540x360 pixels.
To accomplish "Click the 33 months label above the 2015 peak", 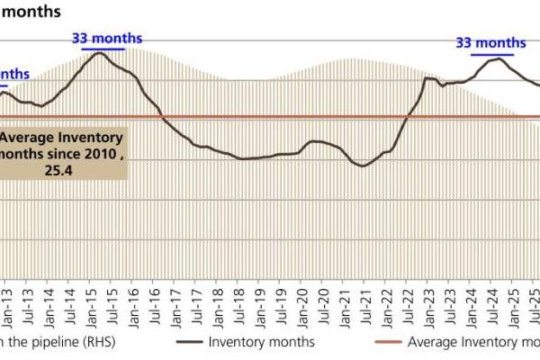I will click(x=106, y=38).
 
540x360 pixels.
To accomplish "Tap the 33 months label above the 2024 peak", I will click(x=490, y=42).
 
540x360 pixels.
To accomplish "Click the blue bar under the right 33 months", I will click(x=490, y=52).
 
